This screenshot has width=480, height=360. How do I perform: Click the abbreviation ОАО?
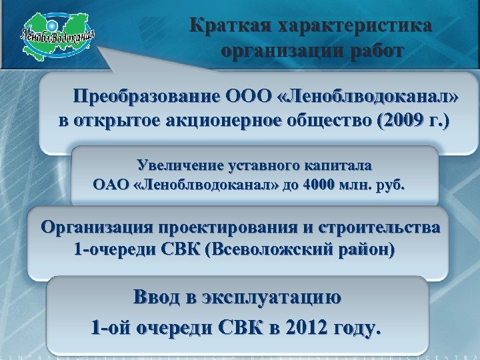[112, 184]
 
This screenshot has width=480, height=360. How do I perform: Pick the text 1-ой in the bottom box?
[111, 328]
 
